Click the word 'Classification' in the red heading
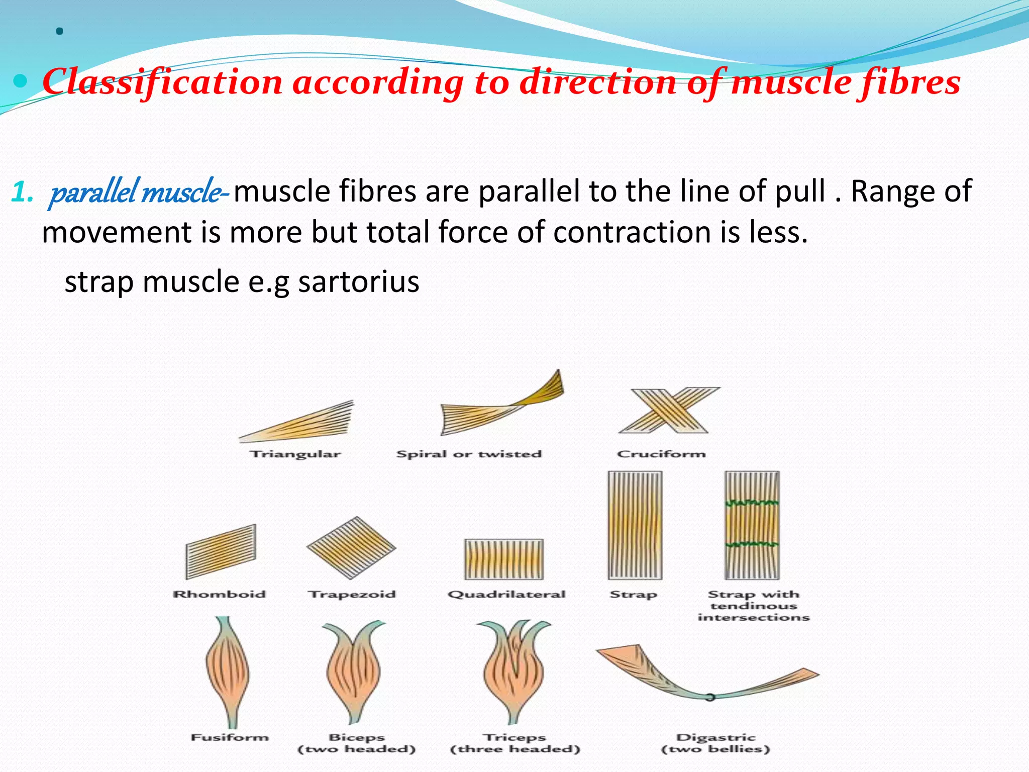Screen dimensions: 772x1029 pyautogui.click(x=162, y=82)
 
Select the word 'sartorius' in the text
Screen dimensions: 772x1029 pyautogui.click(x=359, y=281)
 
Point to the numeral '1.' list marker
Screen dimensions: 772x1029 pyautogui.click(x=22, y=192)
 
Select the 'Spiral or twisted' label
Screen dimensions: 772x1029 pyautogui.click(x=469, y=454)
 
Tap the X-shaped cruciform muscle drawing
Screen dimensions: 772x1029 pyautogui.click(x=668, y=410)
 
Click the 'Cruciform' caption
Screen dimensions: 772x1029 pyautogui.click(x=661, y=454)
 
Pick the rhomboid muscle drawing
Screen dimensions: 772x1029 pyautogui.click(x=221, y=552)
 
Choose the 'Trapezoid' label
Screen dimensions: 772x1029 pyautogui.click(x=352, y=595)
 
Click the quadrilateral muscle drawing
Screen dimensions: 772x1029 pyautogui.click(x=504, y=559)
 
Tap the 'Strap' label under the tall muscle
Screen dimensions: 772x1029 pyautogui.click(x=633, y=595)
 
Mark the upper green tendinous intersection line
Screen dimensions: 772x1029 pyautogui.click(x=752, y=503)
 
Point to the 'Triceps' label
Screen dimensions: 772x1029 pyautogui.click(x=514, y=737)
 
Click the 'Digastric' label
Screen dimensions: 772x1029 pyautogui.click(x=715, y=737)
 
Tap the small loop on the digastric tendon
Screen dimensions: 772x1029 pyautogui.click(x=709, y=697)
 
